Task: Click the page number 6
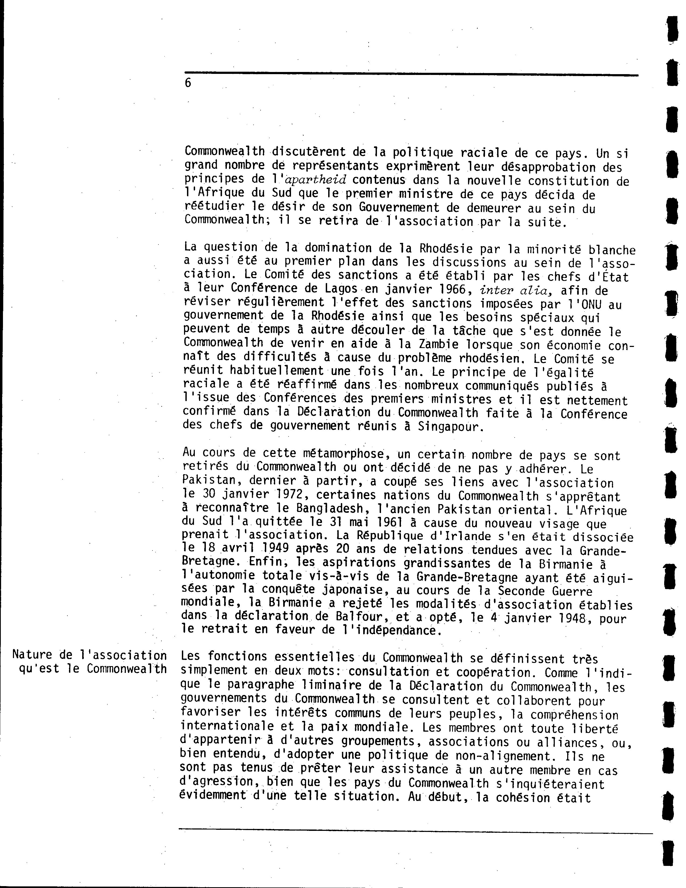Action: tap(188, 83)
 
